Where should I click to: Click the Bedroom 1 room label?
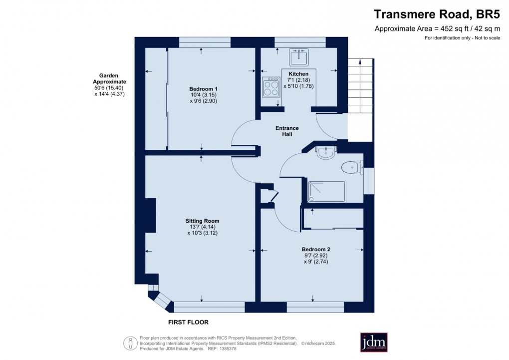(x=203, y=88)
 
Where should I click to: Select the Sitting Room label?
(x=202, y=221)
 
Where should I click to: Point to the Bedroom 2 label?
(x=316, y=250)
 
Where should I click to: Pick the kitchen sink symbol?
(x=298, y=57)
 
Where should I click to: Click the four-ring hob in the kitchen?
(x=271, y=87)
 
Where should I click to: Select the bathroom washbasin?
(x=326, y=152)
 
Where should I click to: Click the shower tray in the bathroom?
(x=326, y=191)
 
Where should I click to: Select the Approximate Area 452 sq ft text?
(x=437, y=29)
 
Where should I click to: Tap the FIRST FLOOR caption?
(x=188, y=323)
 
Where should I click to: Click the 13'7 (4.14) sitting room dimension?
(x=202, y=227)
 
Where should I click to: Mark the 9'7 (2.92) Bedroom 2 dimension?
(x=316, y=256)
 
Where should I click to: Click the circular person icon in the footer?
(x=130, y=343)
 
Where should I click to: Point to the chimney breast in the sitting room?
(x=150, y=215)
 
